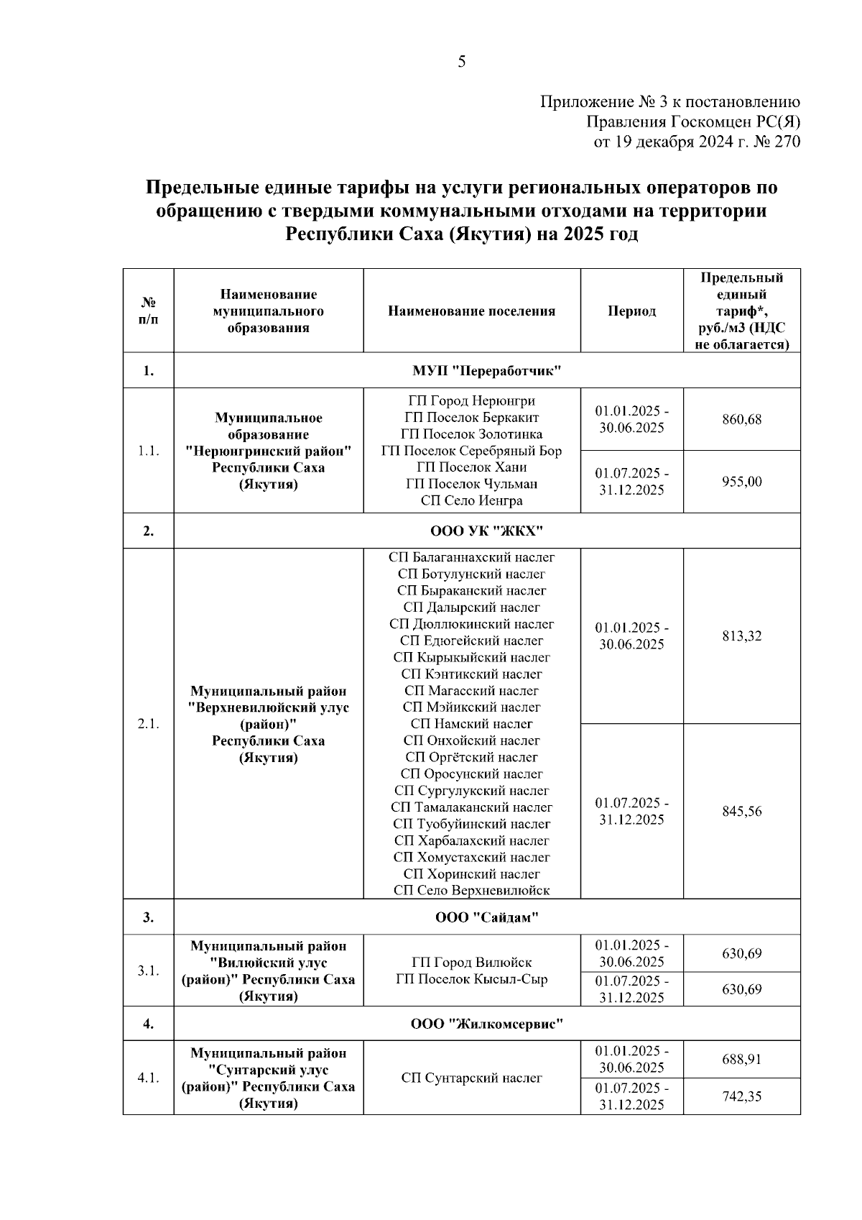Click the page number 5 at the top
click(461, 63)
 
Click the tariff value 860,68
click(741, 420)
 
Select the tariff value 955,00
click(741, 482)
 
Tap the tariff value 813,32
click(741, 636)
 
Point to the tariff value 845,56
click(741, 812)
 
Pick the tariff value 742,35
click(741, 1096)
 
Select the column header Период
click(631, 311)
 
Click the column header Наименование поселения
click(471, 311)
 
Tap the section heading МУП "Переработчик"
click(486, 371)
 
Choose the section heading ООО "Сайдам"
click(486, 917)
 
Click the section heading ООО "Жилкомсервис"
click(486, 1024)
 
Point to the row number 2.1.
click(148, 724)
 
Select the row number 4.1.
click(148, 1078)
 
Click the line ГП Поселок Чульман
click(471, 484)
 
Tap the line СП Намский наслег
click(471, 724)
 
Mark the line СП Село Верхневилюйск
click(471, 891)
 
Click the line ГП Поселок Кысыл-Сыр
click(471, 979)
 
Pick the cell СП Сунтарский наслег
click(471, 1078)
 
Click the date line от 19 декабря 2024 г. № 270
click(696, 142)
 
